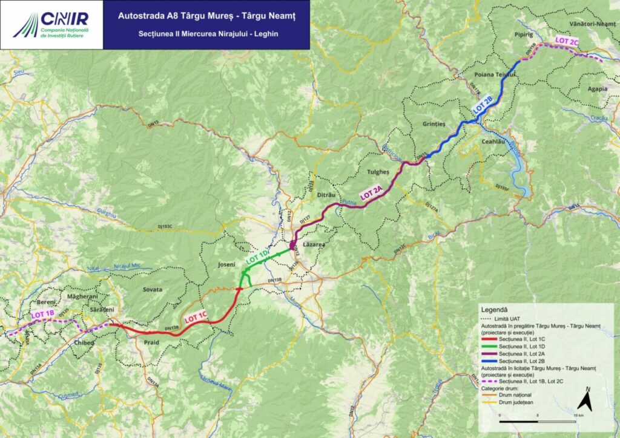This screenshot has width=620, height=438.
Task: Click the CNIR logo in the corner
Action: [51, 24]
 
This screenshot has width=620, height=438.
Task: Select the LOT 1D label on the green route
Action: [257, 257]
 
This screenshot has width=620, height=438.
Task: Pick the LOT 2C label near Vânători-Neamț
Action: [567, 42]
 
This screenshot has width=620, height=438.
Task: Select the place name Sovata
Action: [151, 290]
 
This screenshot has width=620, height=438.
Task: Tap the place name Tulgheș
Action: [378, 172]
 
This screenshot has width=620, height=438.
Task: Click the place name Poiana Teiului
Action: [495, 74]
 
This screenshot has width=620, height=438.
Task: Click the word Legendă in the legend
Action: [498, 309]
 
